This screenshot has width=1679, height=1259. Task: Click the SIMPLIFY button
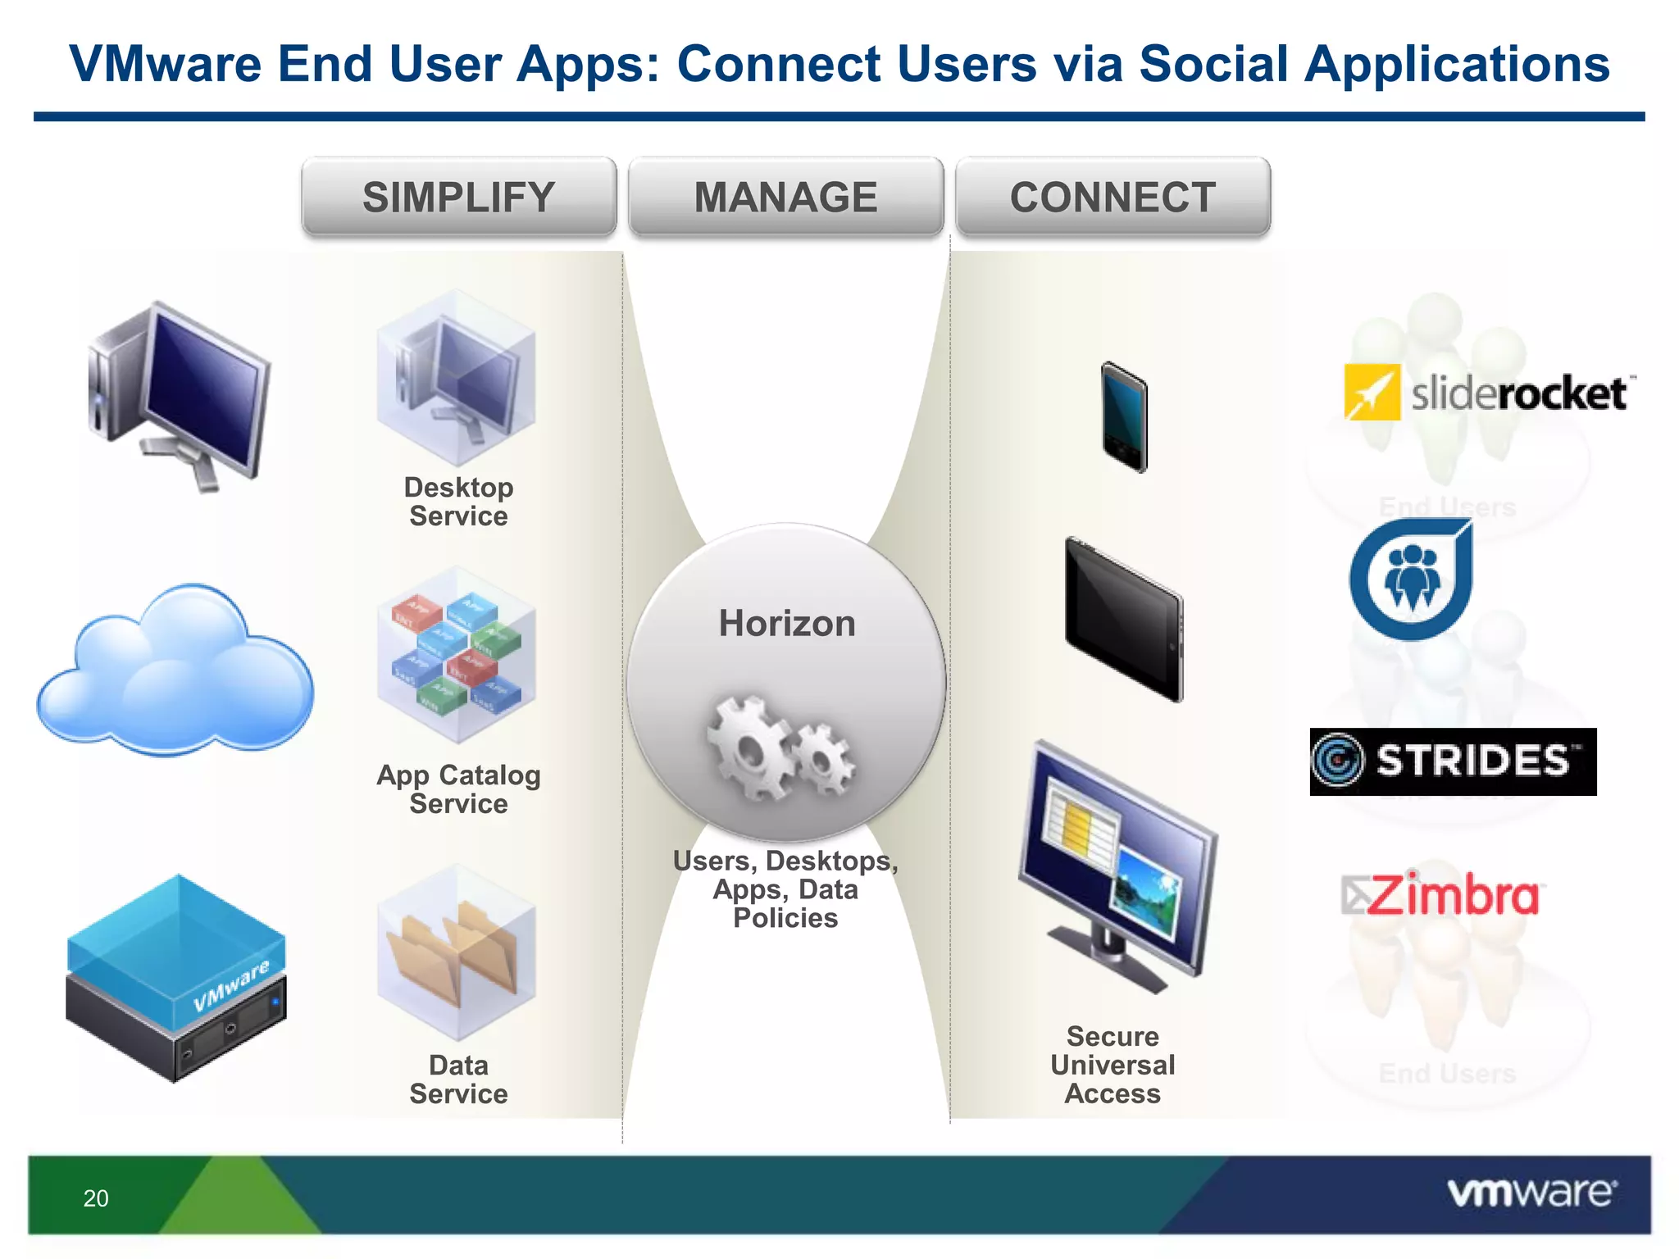pyautogui.click(x=458, y=198)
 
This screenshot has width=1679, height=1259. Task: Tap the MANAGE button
pyautogui.click(x=785, y=198)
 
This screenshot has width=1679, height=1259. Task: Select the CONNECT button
pyautogui.click(x=1113, y=198)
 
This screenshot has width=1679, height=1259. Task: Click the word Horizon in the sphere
pyautogui.click(x=787, y=623)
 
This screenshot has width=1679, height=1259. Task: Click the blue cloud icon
pyautogui.click(x=175, y=672)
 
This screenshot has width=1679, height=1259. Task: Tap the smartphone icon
pyautogui.click(x=1124, y=416)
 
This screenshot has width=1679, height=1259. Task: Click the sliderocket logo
pyautogui.click(x=1486, y=393)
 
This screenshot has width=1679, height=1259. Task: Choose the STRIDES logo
pyautogui.click(x=1453, y=761)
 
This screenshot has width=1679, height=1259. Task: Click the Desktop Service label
pyautogui.click(x=458, y=502)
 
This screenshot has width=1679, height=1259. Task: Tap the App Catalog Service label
pyautogui.click(x=458, y=789)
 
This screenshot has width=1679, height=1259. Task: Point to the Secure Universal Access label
pyautogui.click(x=1113, y=1065)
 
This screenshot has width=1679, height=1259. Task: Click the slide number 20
pyautogui.click(x=96, y=1198)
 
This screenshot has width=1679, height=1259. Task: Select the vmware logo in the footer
pyautogui.click(x=1531, y=1193)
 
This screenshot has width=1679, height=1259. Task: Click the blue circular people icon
pyautogui.click(x=1410, y=580)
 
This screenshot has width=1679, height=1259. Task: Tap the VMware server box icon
pyautogui.click(x=176, y=979)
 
